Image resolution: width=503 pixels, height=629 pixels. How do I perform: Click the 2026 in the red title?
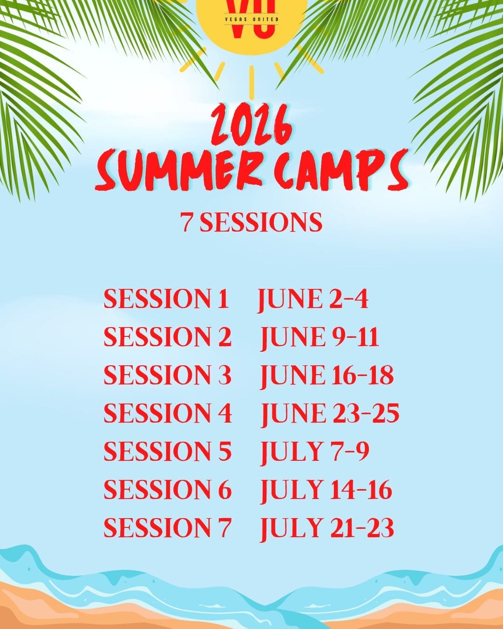click(251, 124)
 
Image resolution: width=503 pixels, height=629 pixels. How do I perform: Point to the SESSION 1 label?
click(166, 299)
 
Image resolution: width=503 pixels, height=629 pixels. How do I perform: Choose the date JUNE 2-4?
click(313, 300)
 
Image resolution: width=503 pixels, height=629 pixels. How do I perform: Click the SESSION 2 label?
click(168, 337)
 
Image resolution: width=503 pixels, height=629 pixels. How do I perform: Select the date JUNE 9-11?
click(319, 338)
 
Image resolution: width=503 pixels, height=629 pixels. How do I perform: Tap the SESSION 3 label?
click(168, 375)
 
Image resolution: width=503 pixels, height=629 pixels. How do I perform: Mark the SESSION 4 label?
click(168, 413)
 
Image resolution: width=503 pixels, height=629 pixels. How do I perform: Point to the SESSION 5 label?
click(168, 451)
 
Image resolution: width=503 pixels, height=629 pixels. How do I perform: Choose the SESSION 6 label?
click(168, 489)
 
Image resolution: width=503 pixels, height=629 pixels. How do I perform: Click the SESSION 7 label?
click(167, 527)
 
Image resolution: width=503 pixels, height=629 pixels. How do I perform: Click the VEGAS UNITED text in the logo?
click(251, 19)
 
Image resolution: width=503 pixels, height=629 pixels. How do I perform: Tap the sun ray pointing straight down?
click(251, 83)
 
